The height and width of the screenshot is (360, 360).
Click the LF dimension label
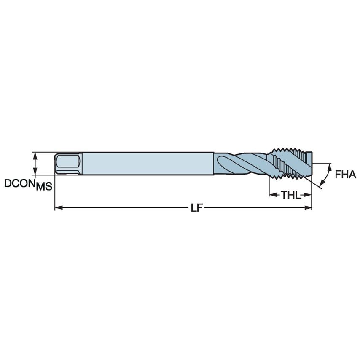194,208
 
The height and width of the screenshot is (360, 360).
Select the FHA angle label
346,175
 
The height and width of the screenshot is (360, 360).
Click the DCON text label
19,184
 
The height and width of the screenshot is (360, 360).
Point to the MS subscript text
44,187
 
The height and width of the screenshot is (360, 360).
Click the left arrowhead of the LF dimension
58,208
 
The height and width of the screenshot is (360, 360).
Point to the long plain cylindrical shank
148,164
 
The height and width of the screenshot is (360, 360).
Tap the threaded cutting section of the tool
291,164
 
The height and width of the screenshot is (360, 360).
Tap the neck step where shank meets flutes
215,164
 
